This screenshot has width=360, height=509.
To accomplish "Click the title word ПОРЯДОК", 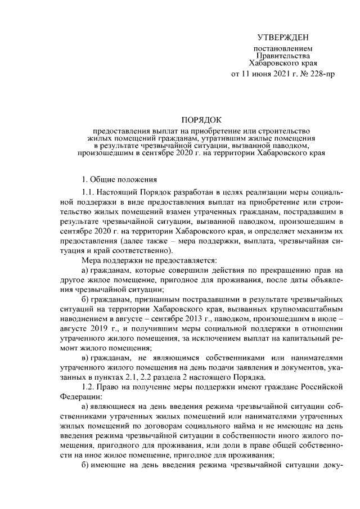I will tap(201, 120).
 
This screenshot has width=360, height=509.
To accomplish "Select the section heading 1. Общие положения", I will tap(119, 180).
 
